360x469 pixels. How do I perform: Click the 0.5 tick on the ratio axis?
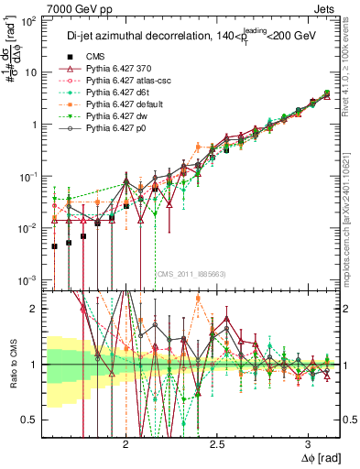[32, 420]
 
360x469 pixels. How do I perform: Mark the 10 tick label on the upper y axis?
[32, 71]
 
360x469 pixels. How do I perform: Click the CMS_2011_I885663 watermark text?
[191, 273]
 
